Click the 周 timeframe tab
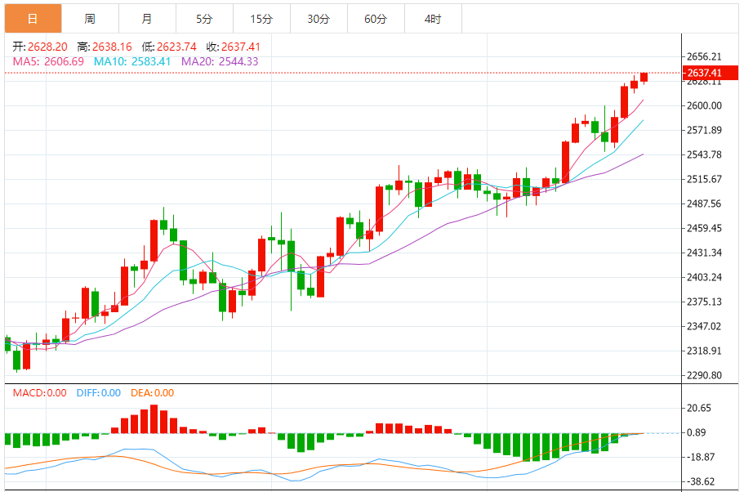pos(90,18)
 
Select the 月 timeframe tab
pos(146,18)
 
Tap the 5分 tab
pos(204,18)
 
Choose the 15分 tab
pos(261,18)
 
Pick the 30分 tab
pos(319,18)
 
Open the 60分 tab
pos(376,18)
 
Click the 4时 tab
pos(433,18)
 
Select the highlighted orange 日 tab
pos(33,18)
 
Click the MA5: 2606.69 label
pos(48,61)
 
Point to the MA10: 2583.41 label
pos(132,61)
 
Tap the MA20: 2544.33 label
pos(220,61)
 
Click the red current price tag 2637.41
pos(704,73)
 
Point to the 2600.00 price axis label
pos(704,105)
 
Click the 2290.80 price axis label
pos(704,375)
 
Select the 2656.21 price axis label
pos(704,56)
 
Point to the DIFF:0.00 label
pos(98,393)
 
